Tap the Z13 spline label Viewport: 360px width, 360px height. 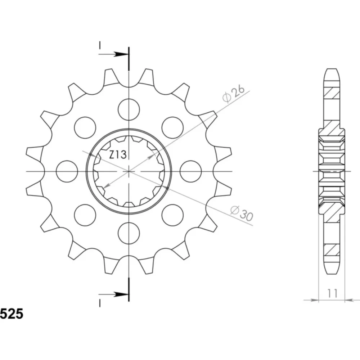coord(118,154)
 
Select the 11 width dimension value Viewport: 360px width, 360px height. coord(332,293)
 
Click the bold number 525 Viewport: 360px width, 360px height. coord(12,314)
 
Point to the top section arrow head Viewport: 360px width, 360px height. coord(121,54)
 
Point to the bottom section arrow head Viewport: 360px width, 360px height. coord(121,294)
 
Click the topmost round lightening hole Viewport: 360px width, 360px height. coord(129,109)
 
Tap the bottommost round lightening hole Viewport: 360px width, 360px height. coord(129,233)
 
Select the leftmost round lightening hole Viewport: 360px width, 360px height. coord(67,171)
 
